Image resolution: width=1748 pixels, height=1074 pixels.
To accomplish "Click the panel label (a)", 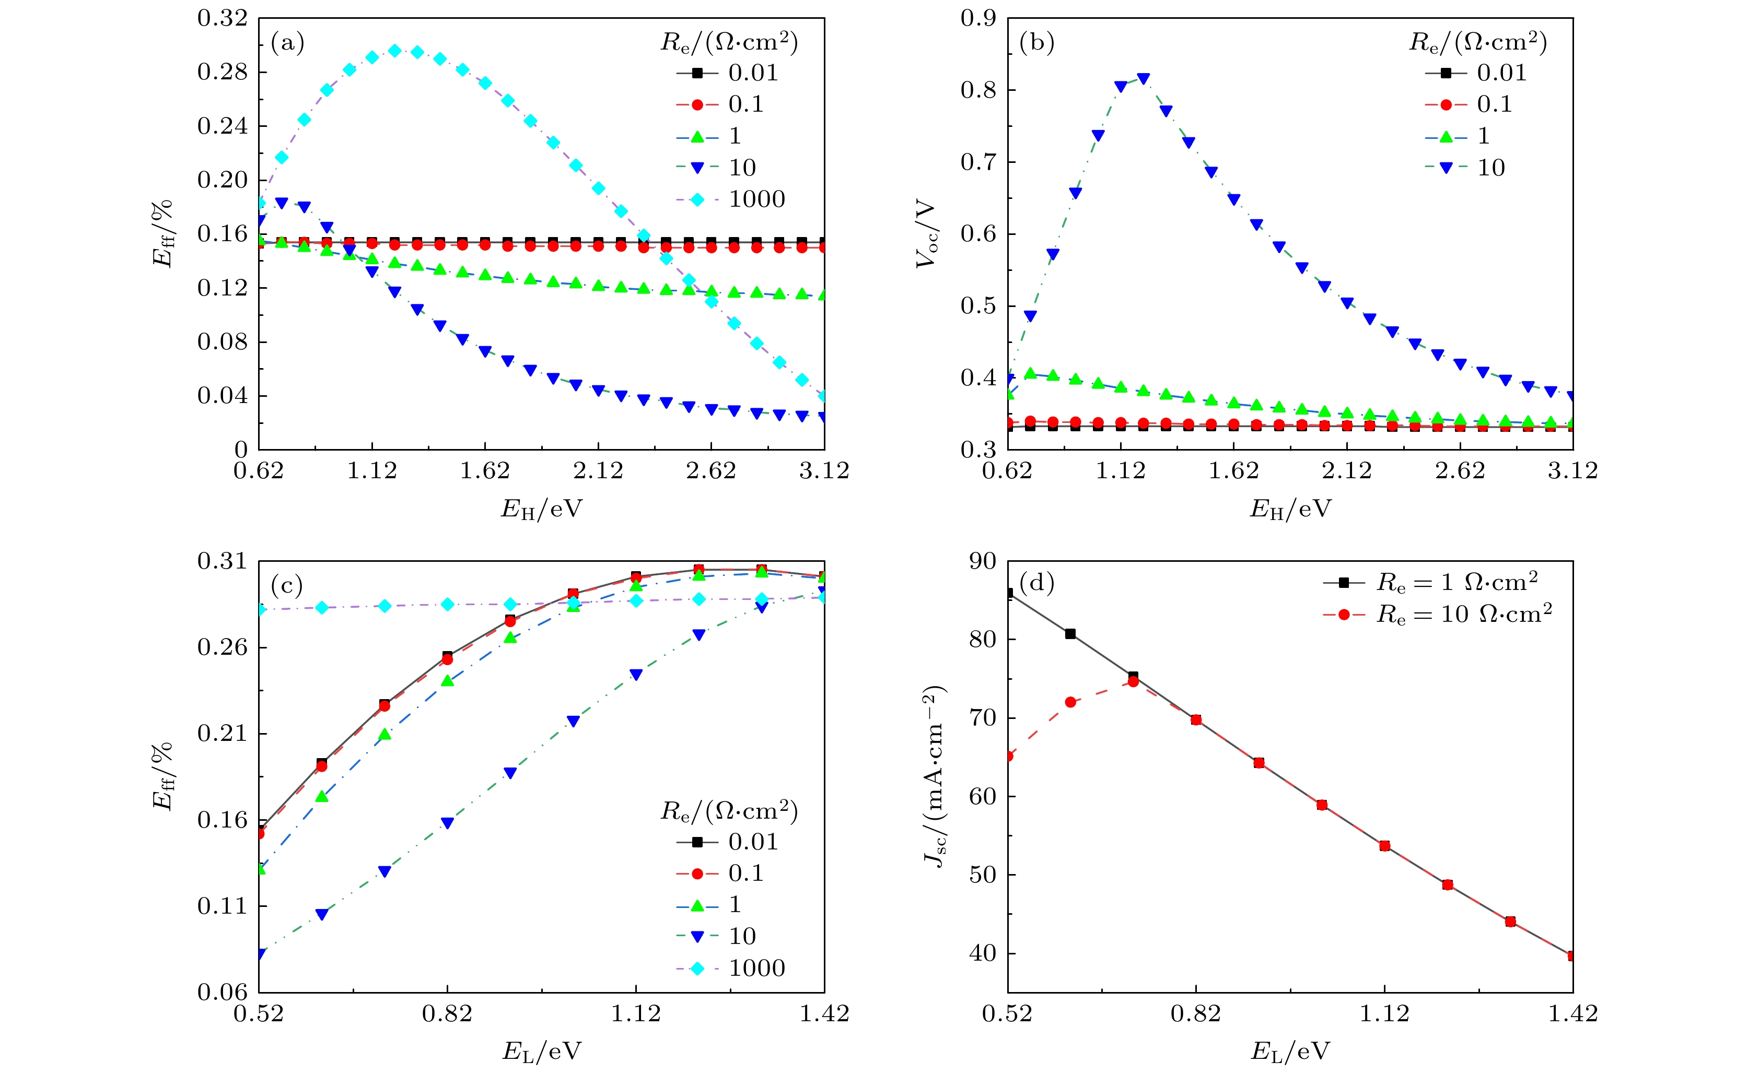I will click(x=288, y=43).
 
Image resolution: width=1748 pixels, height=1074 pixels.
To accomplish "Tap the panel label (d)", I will click(x=1036, y=583).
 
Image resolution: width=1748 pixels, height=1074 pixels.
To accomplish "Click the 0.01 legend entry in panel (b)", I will click(x=1501, y=73).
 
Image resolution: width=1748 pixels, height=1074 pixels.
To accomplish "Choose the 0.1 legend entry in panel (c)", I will click(x=745, y=874).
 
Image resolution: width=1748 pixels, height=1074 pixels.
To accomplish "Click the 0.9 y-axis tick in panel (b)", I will click(x=978, y=18).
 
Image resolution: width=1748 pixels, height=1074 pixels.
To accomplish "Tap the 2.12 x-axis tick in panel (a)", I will click(x=598, y=471).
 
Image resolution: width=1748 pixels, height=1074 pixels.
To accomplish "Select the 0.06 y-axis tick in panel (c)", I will click(x=223, y=993).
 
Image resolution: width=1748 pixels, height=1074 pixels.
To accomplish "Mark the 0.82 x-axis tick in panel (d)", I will click(x=1196, y=1013).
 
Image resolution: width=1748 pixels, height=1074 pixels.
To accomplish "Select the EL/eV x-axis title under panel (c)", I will click(x=541, y=1051).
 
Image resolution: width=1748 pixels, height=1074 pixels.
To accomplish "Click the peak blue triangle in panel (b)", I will click(x=1144, y=78).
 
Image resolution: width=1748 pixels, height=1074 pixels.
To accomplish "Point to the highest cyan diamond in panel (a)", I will click(x=395, y=51).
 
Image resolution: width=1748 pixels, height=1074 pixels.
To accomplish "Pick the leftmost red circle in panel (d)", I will click(x=1008, y=756).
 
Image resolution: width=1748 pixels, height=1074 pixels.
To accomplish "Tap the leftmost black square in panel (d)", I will click(x=1008, y=593).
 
